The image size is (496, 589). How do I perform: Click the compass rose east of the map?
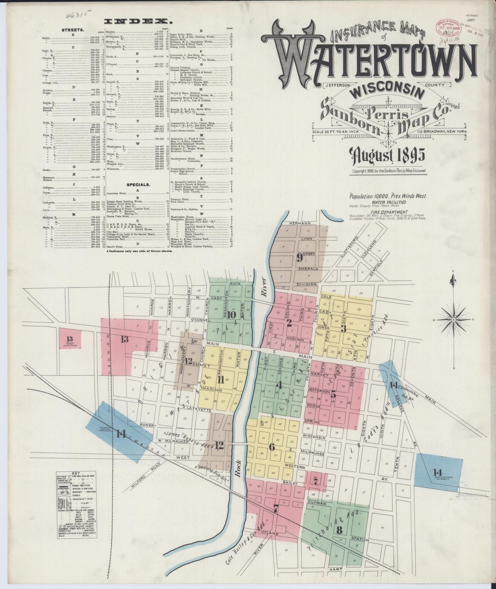coord(454,319)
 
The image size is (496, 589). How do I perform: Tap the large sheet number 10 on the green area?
coord(231,314)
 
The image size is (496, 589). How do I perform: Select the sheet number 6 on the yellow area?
coord(272,447)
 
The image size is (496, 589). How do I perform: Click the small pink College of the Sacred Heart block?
coord(70,338)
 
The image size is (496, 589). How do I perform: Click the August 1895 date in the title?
coord(387,156)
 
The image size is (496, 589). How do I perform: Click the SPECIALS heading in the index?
coord(138,185)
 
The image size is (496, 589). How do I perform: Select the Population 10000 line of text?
coord(388,196)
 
